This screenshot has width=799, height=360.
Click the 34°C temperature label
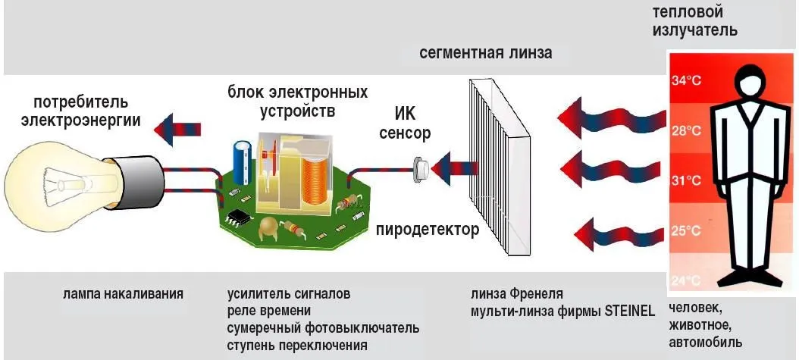686,82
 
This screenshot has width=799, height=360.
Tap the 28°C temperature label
686,131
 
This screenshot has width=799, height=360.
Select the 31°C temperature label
686,181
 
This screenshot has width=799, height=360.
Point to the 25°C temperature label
686,230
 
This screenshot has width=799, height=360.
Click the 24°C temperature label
686,280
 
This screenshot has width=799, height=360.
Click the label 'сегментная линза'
486,53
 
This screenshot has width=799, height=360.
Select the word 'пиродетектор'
428,230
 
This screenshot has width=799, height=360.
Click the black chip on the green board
237,218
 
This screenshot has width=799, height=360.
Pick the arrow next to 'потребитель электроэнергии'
177,130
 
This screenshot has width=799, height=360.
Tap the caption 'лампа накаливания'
124,294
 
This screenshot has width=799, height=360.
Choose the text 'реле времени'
269,311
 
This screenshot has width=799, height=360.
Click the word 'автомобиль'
705,342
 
